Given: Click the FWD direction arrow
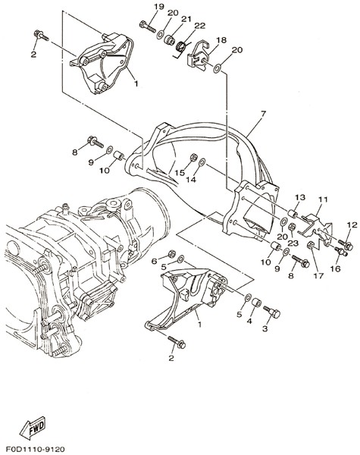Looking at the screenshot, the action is coord(33,428).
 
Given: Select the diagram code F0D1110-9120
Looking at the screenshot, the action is coord(35,450).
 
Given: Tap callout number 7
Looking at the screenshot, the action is coord(263,114).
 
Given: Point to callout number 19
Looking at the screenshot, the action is coord(159,6).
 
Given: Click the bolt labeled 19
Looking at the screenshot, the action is coord(148,27).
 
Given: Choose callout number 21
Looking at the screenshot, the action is coord(186,19).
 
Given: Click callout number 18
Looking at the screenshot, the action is coord(221,39).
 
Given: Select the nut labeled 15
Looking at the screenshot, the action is coord(193,158).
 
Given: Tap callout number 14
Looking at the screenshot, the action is coord(191,180).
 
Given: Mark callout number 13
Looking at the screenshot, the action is coord(300,197).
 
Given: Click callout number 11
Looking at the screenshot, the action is coord(323,199).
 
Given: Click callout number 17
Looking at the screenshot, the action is coord(318,276).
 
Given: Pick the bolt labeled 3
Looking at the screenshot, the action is coord(272,312).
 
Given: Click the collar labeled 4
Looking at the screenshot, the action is coord(256,303).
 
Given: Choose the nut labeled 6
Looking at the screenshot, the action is coord(171,254).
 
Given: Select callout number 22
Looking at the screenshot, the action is coord(199,26).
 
